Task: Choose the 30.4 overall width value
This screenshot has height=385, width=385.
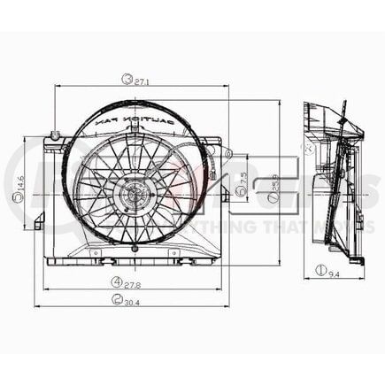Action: point(133,299)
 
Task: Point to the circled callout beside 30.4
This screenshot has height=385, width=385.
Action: point(117,299)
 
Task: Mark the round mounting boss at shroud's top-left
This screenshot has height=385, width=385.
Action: point(56,135)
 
